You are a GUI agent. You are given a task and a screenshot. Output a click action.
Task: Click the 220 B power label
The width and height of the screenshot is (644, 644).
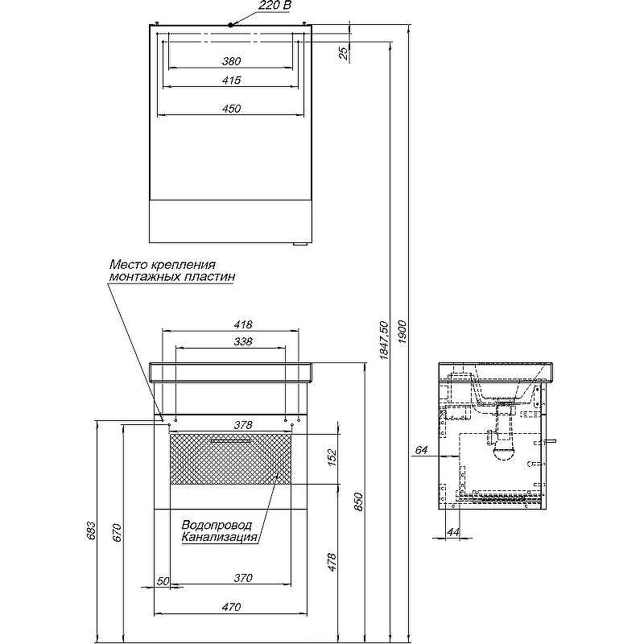(x=275, y=6)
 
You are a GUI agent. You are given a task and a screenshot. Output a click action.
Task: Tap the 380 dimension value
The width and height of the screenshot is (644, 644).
(x=231, y=61)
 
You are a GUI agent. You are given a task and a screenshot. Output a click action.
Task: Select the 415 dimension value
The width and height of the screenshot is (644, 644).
(x=231, y=80)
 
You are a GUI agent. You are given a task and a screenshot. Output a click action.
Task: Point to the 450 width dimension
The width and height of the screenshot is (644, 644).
(x=231, y=109)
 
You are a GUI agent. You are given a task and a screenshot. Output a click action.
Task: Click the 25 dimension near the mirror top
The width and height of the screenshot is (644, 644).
(x=344, y=52)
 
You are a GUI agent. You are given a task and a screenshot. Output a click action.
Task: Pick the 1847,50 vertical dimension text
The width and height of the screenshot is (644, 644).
(x=384, y=341)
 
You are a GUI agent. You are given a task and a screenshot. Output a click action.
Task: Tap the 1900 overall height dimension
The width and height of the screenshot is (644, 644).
(x=402, y=332)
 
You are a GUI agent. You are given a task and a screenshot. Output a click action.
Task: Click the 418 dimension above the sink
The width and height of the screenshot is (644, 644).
(x=243, y=324)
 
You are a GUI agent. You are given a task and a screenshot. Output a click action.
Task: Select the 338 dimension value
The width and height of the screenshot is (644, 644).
(x=243, y=341)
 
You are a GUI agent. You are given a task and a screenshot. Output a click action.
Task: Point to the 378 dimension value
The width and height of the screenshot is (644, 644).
(x=243, y=425)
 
